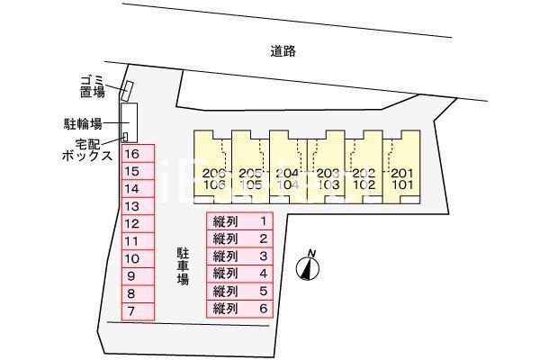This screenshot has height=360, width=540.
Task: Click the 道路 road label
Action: [x=283, y=51]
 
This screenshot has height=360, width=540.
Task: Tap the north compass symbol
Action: [x=309, y=267]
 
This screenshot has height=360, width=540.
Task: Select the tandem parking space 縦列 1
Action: [x=239, y=221]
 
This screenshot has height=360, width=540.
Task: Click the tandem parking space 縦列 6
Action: [x=239, y=309]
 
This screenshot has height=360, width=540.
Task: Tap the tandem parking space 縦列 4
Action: [x=239, y=274]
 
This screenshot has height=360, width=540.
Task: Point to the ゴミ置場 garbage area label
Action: [x=92, y=85]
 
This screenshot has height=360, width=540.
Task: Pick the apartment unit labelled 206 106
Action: [x=213, y=180]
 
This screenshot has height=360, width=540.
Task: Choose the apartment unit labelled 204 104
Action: [x=287, y=180]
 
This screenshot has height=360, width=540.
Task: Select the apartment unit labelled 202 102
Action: [x=363, y=180]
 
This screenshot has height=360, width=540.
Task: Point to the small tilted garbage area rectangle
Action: [x=128, y=91]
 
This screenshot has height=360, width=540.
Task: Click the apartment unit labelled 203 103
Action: [x=327, y=180]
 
